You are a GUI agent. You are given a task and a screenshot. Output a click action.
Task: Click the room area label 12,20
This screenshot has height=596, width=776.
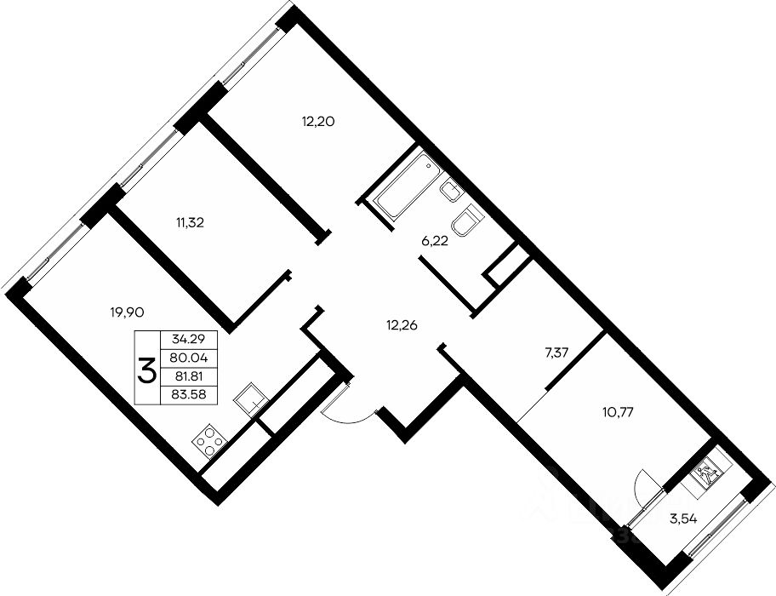point(318,121)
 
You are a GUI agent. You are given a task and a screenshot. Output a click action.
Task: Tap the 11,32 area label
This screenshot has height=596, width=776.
point(190,223)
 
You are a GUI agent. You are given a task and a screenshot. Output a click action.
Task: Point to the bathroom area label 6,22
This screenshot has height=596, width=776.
point(435,243)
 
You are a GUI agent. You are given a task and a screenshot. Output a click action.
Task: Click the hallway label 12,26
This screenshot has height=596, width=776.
point(402,325)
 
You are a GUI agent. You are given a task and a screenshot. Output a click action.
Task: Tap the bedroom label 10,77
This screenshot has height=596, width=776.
point(618,411)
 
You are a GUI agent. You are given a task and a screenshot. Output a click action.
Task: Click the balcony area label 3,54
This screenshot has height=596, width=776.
point(683,519)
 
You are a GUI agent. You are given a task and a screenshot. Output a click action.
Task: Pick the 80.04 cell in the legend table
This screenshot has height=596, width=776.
point(189,358)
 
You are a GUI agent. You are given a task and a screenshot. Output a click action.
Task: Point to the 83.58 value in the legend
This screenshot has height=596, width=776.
point(189,394)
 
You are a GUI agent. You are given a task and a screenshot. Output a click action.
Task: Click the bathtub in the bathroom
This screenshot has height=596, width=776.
point(408,186)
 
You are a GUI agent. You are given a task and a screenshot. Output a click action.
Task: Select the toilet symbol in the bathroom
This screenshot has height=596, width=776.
point(468,221)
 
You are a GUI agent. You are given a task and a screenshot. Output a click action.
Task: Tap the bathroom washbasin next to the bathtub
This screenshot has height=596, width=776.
point(451,191)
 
